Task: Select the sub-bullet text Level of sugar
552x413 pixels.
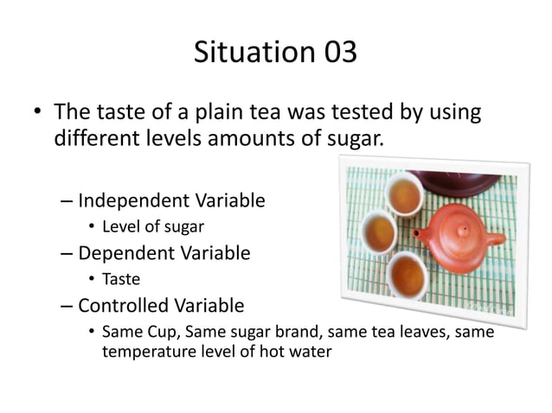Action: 154,227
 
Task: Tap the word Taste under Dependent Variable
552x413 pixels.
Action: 121,279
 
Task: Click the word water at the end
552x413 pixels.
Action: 309,352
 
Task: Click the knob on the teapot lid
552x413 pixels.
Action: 459,229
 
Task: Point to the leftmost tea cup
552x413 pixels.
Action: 377,232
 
